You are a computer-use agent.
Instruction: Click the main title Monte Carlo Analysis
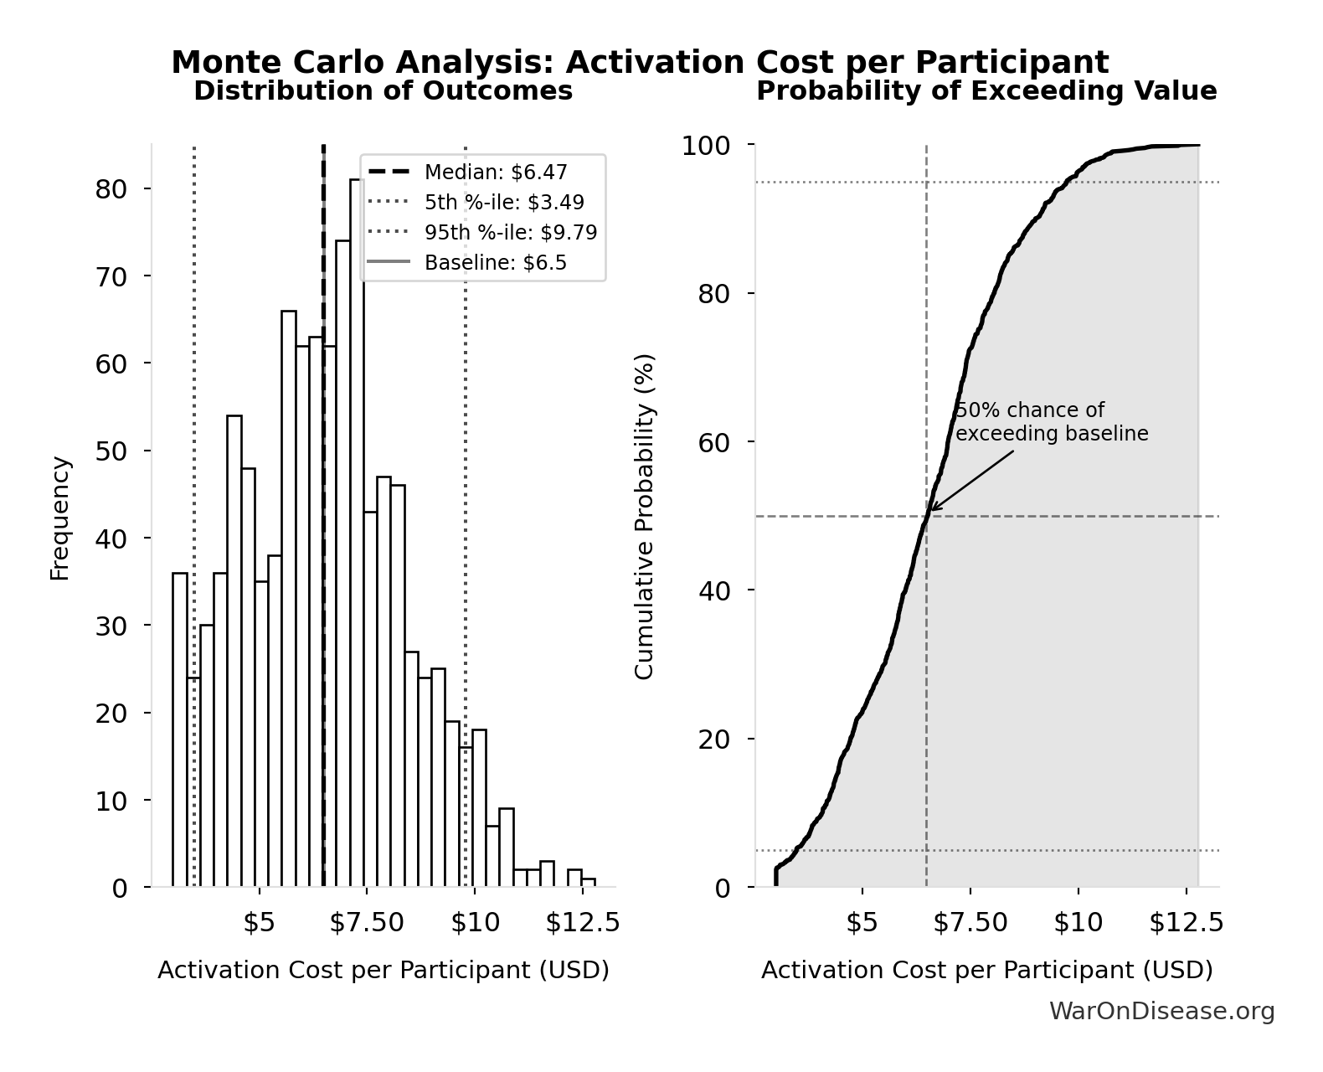[640, 62]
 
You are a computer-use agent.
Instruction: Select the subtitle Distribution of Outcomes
[383, 90]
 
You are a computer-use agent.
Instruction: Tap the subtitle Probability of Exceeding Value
[986, 90]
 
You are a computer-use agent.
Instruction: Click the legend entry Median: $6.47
[496, 173]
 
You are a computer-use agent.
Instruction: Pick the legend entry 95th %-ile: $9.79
[511, 233]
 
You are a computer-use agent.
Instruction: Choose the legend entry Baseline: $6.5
[496, 263]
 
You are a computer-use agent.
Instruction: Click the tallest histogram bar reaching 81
[357, 536]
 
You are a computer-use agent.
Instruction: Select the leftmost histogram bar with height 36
[180, 729]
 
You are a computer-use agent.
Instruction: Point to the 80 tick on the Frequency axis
[111, 188]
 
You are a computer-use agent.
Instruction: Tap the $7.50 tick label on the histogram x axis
[367, 923]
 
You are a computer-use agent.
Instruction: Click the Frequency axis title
[60, 518]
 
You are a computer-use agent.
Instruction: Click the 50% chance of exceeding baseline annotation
[1051, 422]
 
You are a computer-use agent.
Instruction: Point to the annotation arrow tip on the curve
[932, 509]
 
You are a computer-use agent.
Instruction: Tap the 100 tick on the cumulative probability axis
[705, 146]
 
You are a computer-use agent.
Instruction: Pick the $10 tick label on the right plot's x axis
[1078, 923]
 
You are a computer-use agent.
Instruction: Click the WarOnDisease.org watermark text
[1161, 1012]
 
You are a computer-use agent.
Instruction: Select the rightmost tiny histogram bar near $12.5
[589, 883]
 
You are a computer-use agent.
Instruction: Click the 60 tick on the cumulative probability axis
[714, 442]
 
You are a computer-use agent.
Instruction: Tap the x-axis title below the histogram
[383, 971]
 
